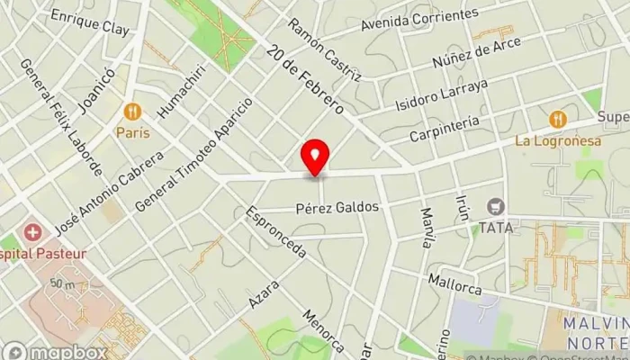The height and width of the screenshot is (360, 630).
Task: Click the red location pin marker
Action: pyautogui.click(x=315, y=157)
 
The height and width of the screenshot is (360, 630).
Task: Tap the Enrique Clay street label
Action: pyautogui.click(x=90, y=22)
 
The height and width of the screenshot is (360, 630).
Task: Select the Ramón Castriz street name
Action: pyautogui.click(x=325, y=49)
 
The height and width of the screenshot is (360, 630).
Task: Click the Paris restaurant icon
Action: pyautogui.click(x=132, y=112)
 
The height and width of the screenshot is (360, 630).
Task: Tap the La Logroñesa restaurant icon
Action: pyautogui.click(x=557, y=119)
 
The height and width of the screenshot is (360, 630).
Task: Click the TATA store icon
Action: pyautogui.click(x=495, y=207)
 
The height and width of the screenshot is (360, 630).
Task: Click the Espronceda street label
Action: pyautogui.click(x=274, y=232)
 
